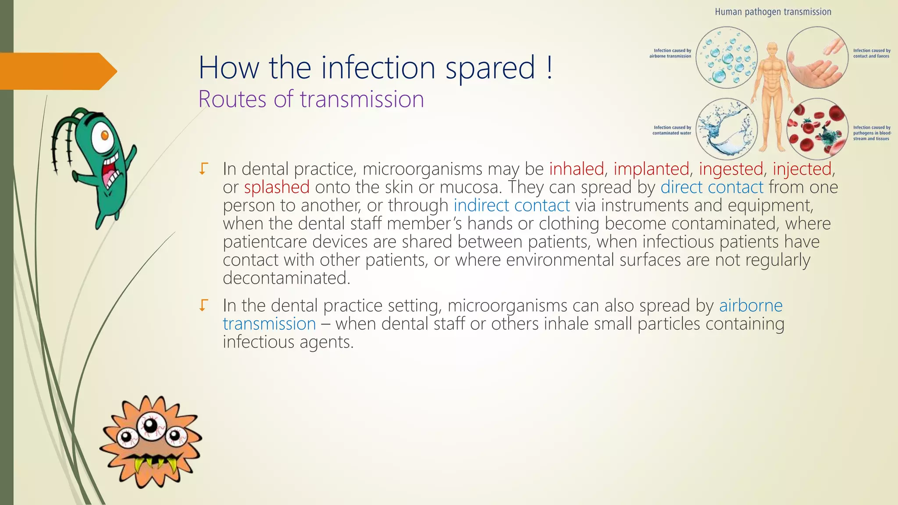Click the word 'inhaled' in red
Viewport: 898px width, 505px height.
pos(576,169)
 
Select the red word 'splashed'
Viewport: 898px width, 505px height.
pos(277,188)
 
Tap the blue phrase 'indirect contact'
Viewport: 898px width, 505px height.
pos(511,206)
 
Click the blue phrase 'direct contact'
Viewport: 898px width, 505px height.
pos(712,188)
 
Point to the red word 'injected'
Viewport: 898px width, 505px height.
pos(802,169)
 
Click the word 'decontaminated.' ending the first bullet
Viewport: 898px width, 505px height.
pos(286,278)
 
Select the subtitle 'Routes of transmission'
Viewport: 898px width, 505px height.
pos(311,99)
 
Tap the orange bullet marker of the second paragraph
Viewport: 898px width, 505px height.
pos(203,305)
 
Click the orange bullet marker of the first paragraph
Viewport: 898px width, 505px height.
pos(203,169)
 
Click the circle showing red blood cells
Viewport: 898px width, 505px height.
pos(817,128)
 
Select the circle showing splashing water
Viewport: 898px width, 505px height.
pos(727,128)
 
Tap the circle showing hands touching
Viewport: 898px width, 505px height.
pos(817,57)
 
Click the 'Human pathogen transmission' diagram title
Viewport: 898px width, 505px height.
pos(773,12)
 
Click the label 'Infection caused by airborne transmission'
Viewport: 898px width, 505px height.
pos(670,53)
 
